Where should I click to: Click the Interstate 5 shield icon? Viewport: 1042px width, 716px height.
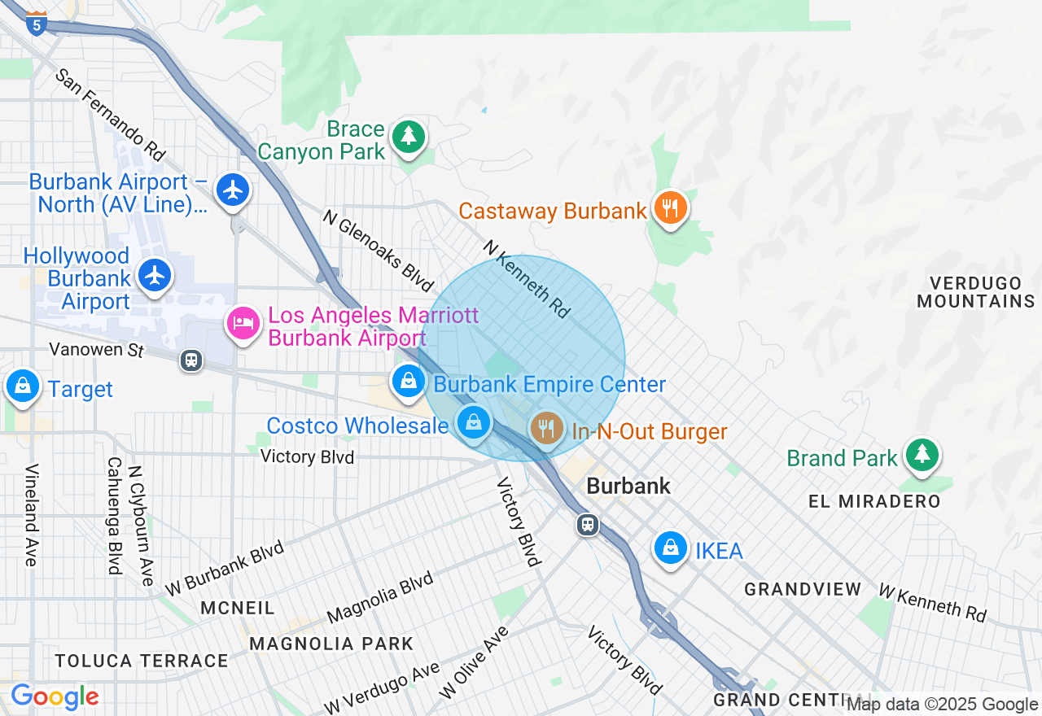point(36,23)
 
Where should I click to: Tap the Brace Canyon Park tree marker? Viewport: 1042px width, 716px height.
point(408,136)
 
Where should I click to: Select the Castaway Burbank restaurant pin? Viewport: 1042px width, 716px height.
point(669,208)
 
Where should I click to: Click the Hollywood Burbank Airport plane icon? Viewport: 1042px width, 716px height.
point(154,275)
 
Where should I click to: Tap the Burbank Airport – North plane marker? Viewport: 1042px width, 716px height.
point(233,190)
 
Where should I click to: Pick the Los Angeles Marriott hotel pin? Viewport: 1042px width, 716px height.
point(243,323)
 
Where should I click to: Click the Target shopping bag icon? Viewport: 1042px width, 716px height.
point(23,386)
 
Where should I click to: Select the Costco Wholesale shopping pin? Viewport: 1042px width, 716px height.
point(473,422)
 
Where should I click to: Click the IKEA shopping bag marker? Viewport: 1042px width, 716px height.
point(670,548)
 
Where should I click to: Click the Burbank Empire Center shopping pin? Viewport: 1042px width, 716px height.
point(407,380)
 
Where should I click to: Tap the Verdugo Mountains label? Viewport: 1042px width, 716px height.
point(975,292)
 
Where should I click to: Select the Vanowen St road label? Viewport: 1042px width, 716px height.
point(96,350)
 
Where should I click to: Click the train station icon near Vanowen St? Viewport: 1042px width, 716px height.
point(191,360)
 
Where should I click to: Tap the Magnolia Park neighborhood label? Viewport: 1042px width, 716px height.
point(331,644)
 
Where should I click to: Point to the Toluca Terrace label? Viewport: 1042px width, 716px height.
point(142,661)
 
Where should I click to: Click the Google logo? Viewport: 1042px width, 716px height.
point(55,696)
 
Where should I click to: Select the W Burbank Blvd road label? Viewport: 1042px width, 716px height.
point(224,568)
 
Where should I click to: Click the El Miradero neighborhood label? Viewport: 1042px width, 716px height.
point(874,501)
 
